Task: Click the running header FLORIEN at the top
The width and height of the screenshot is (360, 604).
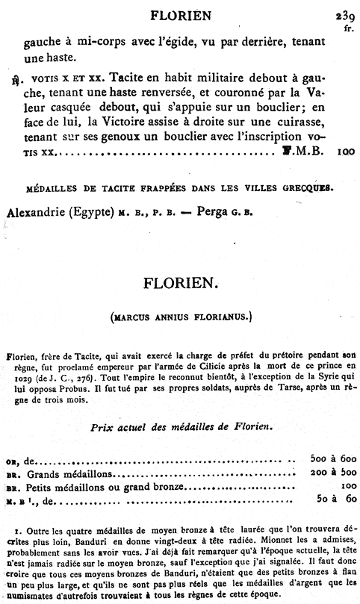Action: coord(181,13)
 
